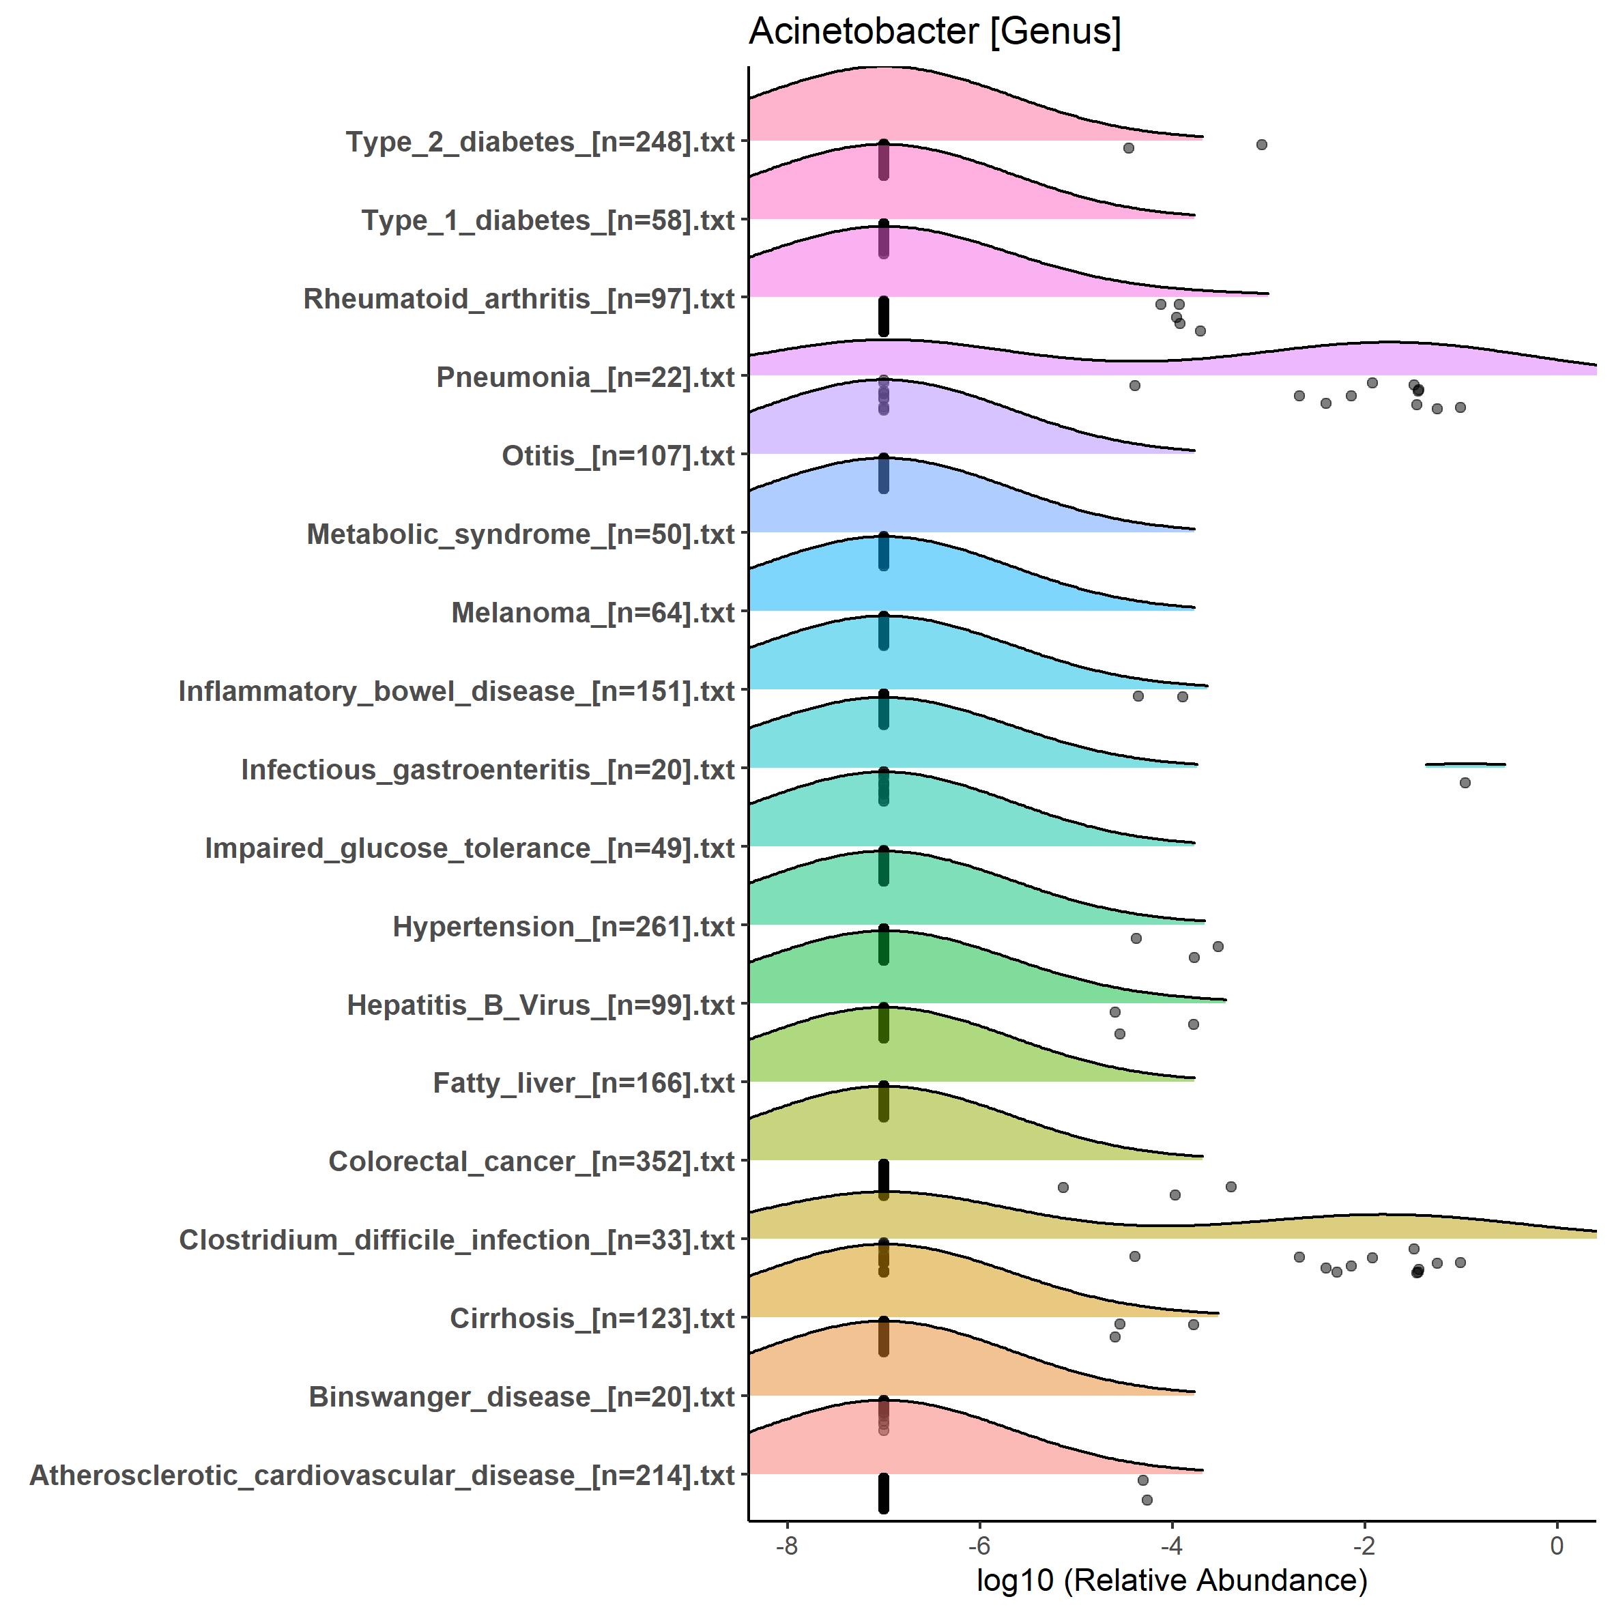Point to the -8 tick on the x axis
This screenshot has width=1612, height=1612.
[x=786, y=1546]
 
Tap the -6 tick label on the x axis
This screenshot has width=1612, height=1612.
[x=979, y=1546]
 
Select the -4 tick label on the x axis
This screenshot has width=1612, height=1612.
[x=1171, y=1546]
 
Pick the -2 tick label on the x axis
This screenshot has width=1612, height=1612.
[x=1364, y=1546]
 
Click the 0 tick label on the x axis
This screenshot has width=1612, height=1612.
[x=1556, y=1546]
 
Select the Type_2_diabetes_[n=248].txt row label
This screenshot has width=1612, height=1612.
[x=540, y=142]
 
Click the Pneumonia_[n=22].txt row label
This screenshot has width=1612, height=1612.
[x=585, y=377]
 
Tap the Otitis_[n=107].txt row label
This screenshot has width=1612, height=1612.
[x=618, y=456]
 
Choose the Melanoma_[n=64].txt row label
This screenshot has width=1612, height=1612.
[x=592, y=612]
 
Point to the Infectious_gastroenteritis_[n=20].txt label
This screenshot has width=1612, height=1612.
[x=487, y=769]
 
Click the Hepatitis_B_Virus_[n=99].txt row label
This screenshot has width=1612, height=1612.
[x=541, y=1005]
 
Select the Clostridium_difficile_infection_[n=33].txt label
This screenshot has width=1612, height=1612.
[x=457, y=1240]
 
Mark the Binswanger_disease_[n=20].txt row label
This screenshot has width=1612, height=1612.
[x=521, y=1397]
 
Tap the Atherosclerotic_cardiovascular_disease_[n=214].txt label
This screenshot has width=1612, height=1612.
[x=382, y=1475]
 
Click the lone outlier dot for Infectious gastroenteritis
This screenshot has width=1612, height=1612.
[x=1465, y=783]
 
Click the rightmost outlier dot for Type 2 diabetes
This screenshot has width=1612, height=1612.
[x=1262, y=145]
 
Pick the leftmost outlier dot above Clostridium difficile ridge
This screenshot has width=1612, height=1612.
[x=1063, y=1188]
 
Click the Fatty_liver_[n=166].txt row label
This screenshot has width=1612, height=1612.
[x=584, y=1083]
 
